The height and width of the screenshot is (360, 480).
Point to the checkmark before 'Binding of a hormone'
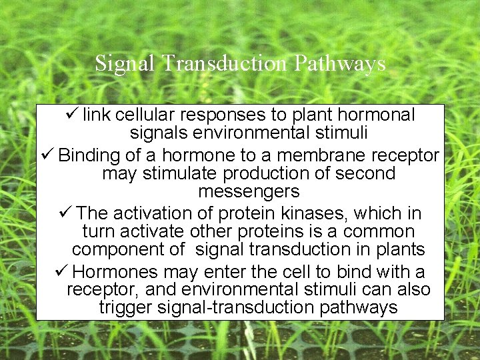(47, 155)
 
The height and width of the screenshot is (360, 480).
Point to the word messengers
(249, 192)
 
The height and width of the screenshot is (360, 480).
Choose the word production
(280, 174)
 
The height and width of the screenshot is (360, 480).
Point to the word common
(383, 232)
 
